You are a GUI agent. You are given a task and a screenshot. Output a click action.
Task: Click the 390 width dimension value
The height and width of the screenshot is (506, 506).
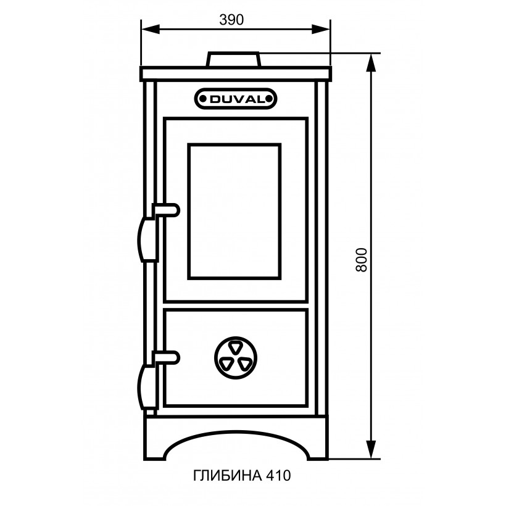[x=231, y=20]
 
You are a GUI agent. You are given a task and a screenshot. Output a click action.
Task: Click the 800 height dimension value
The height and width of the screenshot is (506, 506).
[x=362, y=260]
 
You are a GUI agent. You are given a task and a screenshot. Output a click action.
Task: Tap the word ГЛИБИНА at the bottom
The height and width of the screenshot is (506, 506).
[x=228, y=475]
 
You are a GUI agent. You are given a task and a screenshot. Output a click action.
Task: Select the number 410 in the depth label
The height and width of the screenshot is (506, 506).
[x=278, y=475]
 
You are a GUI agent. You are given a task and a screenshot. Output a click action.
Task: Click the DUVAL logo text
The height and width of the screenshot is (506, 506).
[x=236, y=99]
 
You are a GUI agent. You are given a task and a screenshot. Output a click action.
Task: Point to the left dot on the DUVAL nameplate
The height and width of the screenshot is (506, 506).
[x=202, y=99]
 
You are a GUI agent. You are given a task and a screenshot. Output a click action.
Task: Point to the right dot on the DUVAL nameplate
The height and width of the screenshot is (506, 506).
[x=268, y=99]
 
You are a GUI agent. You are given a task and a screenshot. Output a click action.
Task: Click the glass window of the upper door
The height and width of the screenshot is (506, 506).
[x=234, y=212]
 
